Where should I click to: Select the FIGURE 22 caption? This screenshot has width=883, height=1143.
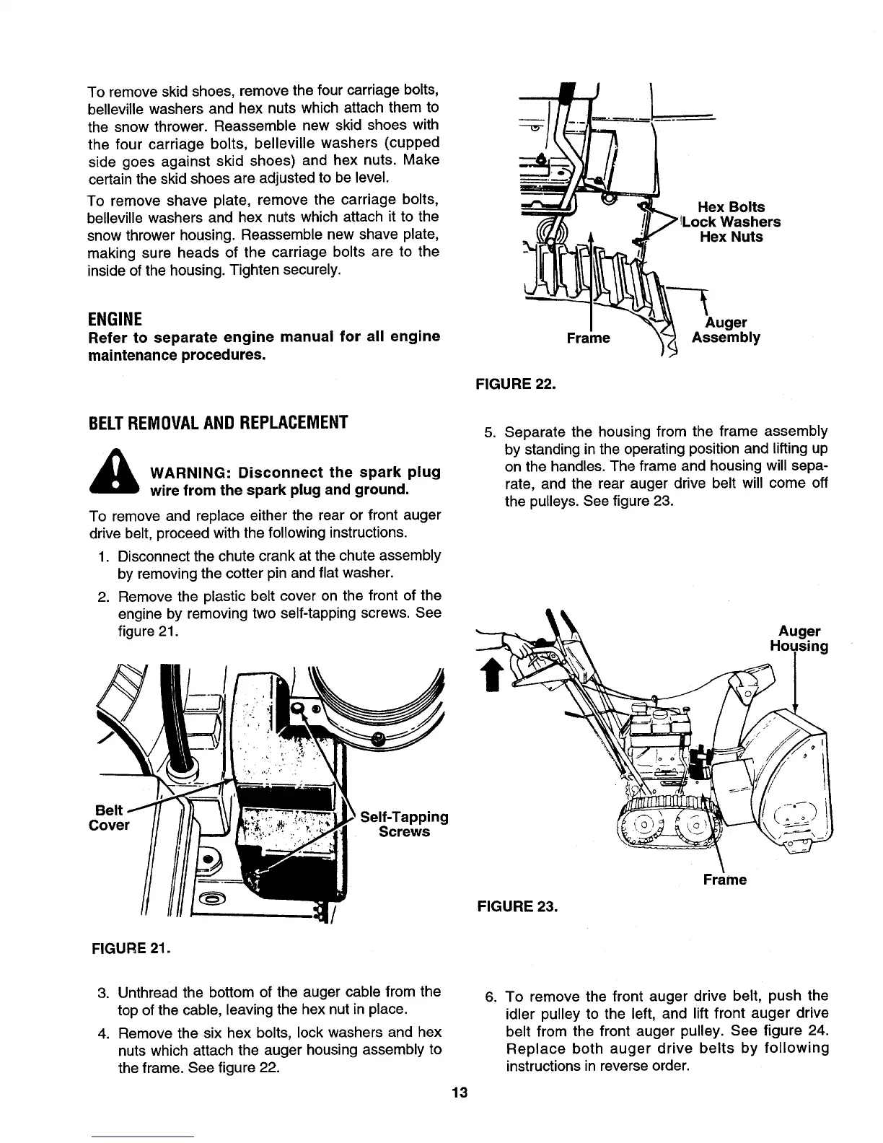point(514,383)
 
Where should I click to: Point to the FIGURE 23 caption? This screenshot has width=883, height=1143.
point(514,906)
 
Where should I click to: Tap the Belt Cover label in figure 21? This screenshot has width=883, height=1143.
point(112,817)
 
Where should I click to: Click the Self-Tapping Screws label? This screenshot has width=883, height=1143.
point(404,824)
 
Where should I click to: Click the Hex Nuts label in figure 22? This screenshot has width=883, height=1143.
point(731,237)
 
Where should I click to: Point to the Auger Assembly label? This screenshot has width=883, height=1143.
point(726,330)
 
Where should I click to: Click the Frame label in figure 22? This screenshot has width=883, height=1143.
point(589,338)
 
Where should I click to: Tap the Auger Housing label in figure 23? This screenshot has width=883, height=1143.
point(799,639)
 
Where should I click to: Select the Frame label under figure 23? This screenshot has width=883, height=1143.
point(725,880)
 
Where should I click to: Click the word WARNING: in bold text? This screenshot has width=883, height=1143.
point(189,473)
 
